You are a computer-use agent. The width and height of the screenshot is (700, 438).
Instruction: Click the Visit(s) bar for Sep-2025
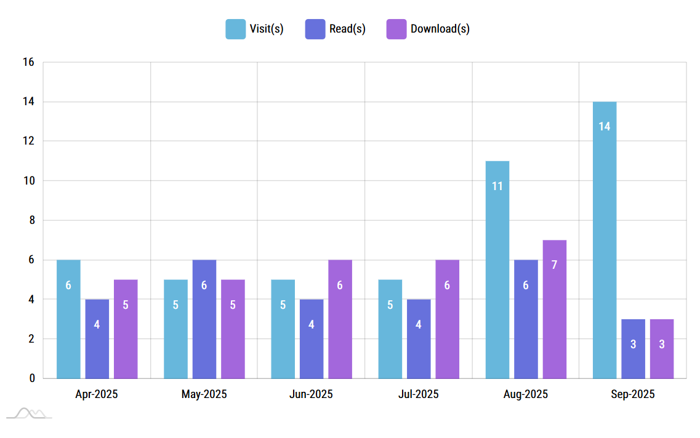pyautogui.click(x=604, y=240)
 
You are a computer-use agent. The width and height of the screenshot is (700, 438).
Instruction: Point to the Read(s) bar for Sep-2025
pyautogui.click(x=633, y=349)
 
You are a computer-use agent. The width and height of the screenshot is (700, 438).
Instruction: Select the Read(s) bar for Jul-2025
pyautogui.click(x=418, y=339)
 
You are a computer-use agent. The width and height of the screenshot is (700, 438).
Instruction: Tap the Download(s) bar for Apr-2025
pyautogui.click(x=126, y=329)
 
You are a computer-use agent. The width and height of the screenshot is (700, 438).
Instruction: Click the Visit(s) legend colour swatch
pyautogui.click(x=235, y=29)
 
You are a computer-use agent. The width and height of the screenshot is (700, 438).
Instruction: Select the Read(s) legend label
pyautogui.click(x=347, y=29)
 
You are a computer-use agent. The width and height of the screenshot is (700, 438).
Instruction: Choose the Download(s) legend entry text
pyautogui.click(x=440, y=29)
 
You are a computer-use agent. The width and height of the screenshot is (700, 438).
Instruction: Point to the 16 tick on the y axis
pyautogui.click(x=28, y=62)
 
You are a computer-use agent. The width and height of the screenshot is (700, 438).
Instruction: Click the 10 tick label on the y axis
pyautogui.click(x=28, y=181)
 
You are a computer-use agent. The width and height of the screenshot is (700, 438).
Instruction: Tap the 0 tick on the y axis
pyautogui.click(x=31, y=378)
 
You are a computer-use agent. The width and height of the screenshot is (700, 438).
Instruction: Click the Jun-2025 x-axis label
pyautogui.click(x=311, y=394)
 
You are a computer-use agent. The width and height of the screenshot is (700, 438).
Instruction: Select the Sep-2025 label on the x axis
pyautogui.click(x=633, y=394)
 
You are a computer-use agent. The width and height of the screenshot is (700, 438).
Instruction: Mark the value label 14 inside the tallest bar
pyautogui.click(x=604, y=126)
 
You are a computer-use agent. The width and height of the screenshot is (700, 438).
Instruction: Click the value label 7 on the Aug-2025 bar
pyautogui.click(x=554, y=265)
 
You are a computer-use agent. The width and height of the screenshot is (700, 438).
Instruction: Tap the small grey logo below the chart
pyautogui.click(x=30, y=413)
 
